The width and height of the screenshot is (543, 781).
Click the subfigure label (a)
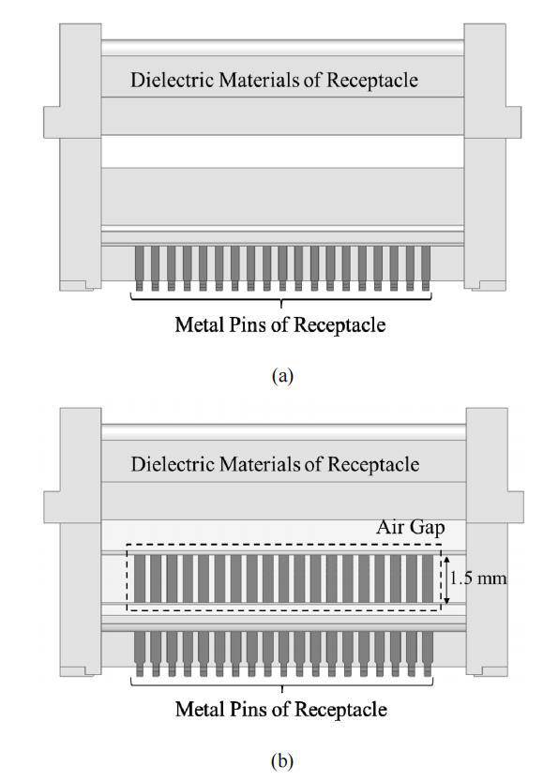(x=282, y=375)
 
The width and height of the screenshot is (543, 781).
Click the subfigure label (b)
(x=282, y=760)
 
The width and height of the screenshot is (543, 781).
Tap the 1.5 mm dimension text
(x=478, y=578)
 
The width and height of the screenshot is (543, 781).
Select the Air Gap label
(x=411, y=527)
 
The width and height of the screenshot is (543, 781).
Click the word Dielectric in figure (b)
(x=173, y=464)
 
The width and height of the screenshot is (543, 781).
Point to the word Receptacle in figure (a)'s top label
(x=372, y=81)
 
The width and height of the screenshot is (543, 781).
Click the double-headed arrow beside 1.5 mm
(x=446, y=580)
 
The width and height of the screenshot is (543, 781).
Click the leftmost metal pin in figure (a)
(x=140, y=268)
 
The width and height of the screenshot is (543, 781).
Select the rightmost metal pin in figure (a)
(x=426, y=268)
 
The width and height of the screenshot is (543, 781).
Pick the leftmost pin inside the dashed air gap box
(x=140, y=578)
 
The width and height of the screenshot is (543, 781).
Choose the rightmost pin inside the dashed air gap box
(x=428, y=578)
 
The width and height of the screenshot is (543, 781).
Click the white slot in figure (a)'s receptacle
(x=282, y=151)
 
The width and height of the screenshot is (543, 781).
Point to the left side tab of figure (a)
(x=52, y=122)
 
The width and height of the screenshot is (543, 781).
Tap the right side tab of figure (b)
(x=516, y=507)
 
